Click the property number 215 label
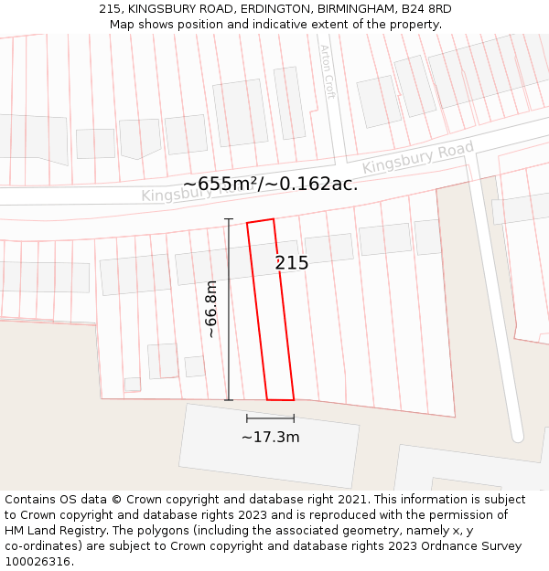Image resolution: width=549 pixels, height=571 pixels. click(x=292, y=263)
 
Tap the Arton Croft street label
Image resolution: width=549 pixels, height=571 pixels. click(x=328, y=71)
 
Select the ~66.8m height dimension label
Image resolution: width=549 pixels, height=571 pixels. click(x=211, y=309)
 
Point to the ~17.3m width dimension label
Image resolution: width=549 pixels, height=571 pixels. click(x=270, y=438)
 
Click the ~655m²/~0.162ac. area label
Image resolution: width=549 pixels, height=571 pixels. click(x=271, y=184)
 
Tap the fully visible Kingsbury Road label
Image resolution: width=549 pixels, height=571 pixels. click(x=418, y=157)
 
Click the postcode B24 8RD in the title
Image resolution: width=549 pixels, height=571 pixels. click(x=426, y=9)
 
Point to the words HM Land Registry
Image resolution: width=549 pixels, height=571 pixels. click(x=56, y=531)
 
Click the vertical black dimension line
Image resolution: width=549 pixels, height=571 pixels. click(x=229, y=311)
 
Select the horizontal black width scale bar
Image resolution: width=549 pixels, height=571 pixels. click(x=270, y=418)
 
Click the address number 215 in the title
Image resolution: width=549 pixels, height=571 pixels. click(x=111, y=9)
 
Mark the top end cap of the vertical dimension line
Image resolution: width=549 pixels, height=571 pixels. click(x=229, y=219)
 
